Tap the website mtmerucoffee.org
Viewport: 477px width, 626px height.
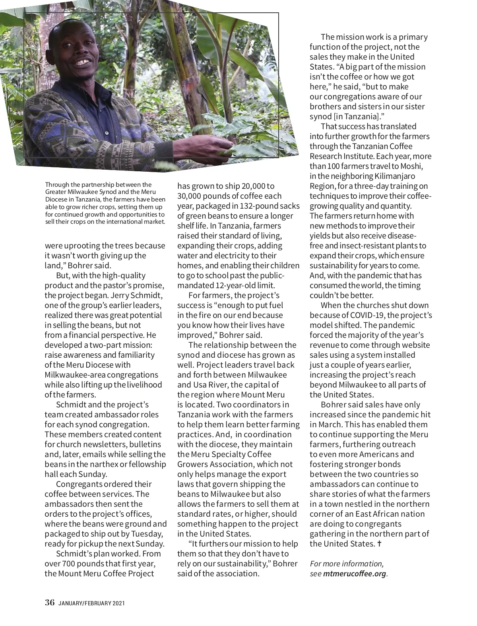click(355, 574)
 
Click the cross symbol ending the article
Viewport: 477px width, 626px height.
click(379, 543)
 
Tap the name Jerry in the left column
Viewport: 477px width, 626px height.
click(109, 295)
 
